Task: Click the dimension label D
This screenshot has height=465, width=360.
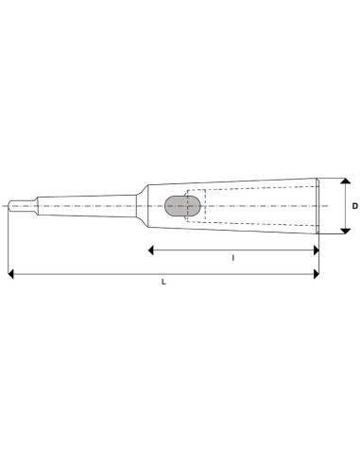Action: (x=354, y=206)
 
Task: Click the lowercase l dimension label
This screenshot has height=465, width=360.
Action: (x=232, y=257)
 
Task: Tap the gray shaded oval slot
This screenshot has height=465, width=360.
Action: (x=176, y=206)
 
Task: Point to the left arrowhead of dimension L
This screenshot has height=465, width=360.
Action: (x=11, y=274)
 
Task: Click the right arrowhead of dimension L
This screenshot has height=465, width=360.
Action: (x=315, y=274)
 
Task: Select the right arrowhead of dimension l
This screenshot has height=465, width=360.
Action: (x=315, y=250)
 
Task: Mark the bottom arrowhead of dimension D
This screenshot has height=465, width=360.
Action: (x=344, y=230)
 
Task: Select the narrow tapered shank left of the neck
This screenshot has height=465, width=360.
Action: (x=85, y=205)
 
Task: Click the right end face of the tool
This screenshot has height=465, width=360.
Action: (x=318, y=206)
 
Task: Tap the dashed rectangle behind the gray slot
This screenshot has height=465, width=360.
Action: (x=197, y=206)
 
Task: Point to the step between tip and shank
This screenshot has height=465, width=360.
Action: (x=37, y=205)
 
